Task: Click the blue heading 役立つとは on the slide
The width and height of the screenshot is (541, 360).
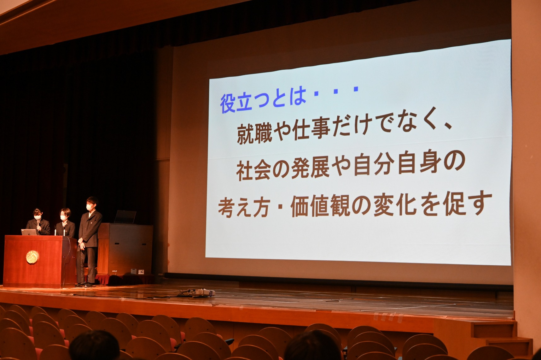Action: (x=263, y=102)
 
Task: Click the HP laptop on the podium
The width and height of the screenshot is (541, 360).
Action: (x=29, y=232)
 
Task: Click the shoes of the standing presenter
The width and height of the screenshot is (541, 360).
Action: (x=84, y=285)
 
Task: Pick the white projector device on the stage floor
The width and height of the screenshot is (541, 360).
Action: (x=201, y=292)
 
